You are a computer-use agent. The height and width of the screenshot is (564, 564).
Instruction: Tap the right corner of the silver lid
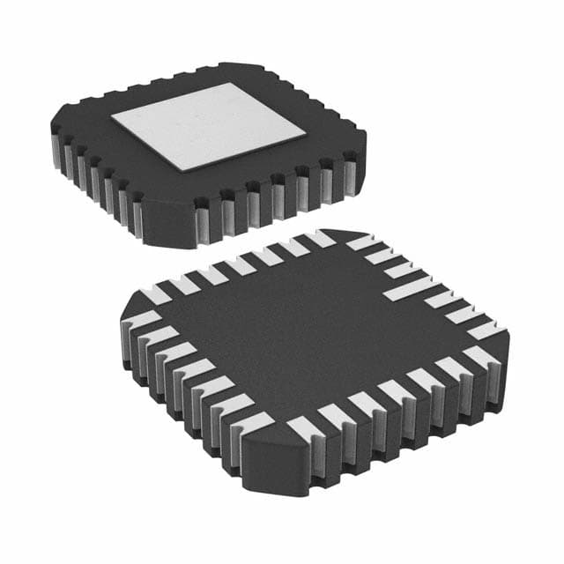(x=305, y=134)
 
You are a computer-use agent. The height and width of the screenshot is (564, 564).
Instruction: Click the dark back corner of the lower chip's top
(x=348, y=235)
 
